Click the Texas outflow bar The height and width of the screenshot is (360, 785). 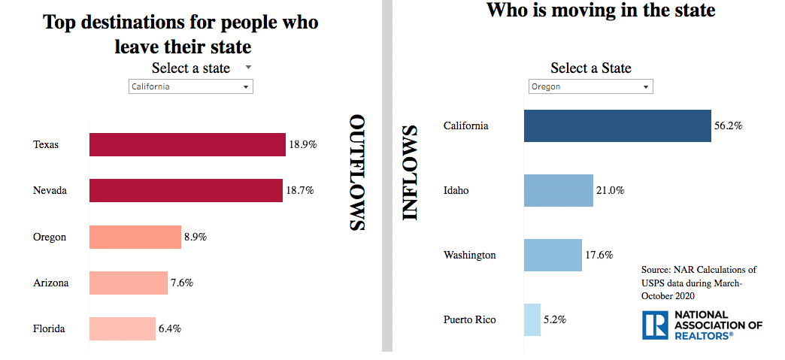tap(187, 144)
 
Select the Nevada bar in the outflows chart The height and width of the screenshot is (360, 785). tap(186, 191)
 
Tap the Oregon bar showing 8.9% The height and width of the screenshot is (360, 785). tap(135, 237)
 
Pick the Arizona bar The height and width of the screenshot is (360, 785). tap(129, 283)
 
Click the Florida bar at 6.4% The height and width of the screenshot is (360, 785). tap(123, 328)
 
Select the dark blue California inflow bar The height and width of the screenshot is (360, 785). tap(617, 126)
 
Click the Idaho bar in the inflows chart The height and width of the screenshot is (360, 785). tap(559, 190)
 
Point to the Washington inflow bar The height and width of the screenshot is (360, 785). tap(553, 255)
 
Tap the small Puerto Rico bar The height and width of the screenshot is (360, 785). tap(532, 319)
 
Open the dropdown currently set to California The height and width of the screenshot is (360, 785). tap(191, 86)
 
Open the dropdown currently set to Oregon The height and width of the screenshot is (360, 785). tap(590, 86)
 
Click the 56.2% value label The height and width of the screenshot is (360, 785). tap(728, 126)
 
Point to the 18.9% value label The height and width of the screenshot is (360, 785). tap(302, 145)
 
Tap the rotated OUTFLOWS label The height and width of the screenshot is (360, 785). tap(358, 173)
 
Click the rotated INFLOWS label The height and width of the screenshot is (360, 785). tap(410, 173)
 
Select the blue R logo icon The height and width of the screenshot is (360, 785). tap(654, 325)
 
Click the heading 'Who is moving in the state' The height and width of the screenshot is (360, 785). tap(601, 11)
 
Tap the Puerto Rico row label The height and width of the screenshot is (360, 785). tap(470, 319)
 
